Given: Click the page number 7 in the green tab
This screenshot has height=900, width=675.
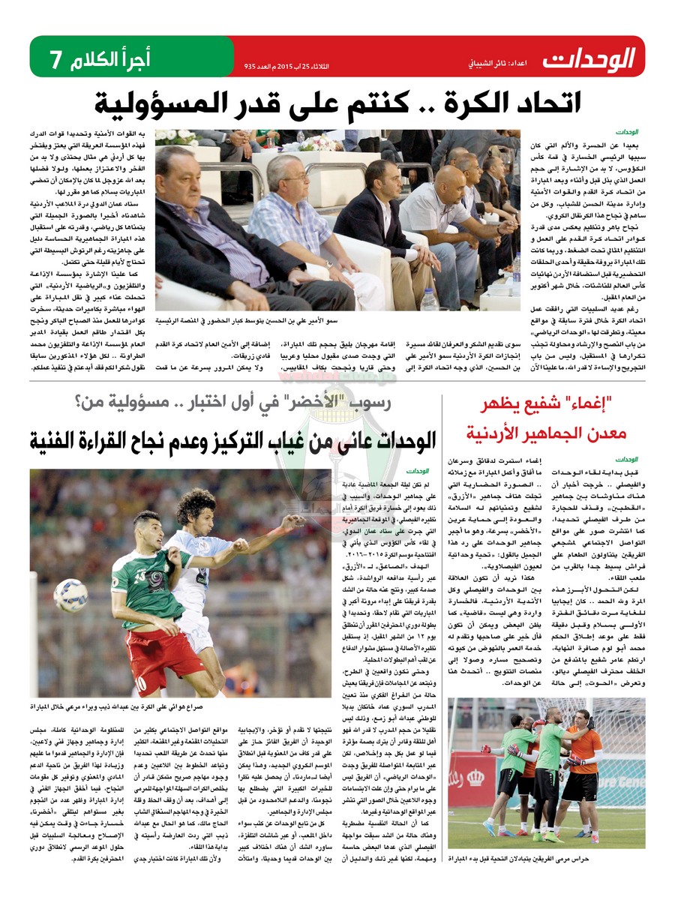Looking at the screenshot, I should [x=54, y=58].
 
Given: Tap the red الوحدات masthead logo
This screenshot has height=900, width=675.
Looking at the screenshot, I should [x=589, y=58].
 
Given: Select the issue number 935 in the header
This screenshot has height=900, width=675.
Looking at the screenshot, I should [x=250, y=67].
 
